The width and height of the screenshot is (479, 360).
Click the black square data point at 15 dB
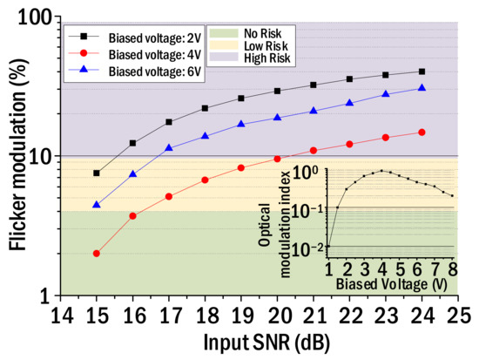[96, 173]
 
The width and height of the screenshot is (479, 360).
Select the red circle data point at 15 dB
[96, 254]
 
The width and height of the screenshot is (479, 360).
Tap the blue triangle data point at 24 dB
[422, 88]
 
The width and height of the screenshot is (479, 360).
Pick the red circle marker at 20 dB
[277, 159]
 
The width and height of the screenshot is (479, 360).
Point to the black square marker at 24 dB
[422, 71]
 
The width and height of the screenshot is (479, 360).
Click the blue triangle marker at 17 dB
[169, 148]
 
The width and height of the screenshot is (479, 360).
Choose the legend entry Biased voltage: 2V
[139, 37]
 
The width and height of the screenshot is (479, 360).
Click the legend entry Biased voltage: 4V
[139, 55]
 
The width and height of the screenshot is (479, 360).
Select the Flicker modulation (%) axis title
[17, 157]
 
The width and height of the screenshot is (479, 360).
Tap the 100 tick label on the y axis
[37, 17]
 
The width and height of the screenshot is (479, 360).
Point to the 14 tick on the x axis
[59, 312]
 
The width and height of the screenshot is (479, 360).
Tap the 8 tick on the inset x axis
[453, 266]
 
